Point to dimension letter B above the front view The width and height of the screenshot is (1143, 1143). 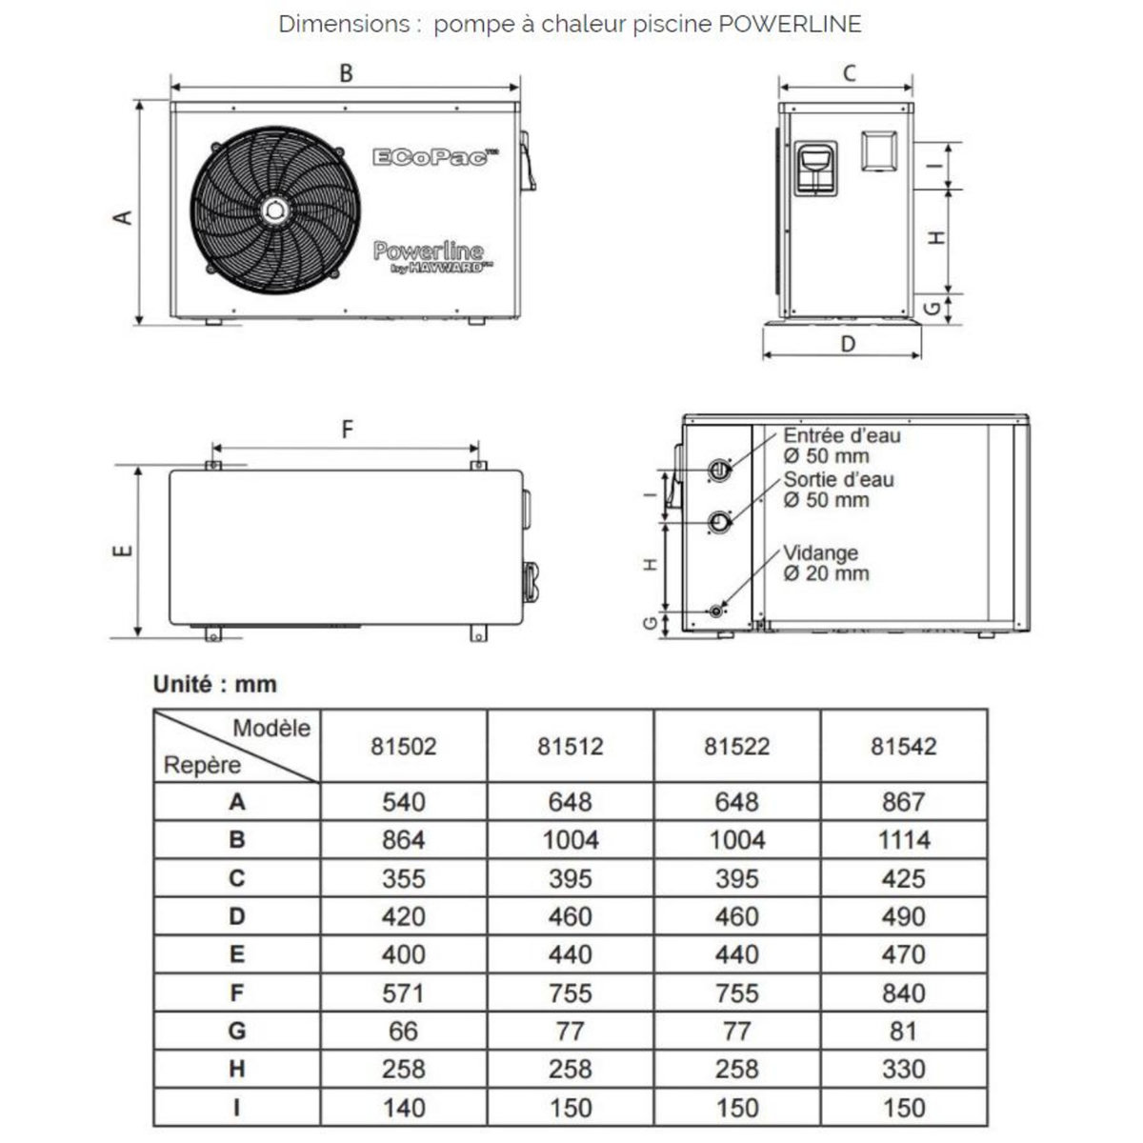point(347,73)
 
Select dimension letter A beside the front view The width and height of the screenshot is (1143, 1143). point(122,217)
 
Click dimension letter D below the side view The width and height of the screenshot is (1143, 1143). point(848,344)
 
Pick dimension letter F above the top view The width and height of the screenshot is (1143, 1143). point(348,431)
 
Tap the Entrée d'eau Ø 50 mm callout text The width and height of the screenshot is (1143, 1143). point(840,446)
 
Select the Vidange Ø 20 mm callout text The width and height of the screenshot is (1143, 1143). point(825,563)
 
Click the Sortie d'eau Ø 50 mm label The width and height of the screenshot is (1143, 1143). point(838,490)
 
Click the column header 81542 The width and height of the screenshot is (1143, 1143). point(903,746)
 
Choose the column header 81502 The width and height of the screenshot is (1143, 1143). point(403,746)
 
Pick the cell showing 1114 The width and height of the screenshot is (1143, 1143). point(903,840)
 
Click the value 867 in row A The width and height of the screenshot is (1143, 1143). point(903,802)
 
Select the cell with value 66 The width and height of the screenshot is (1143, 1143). point(403,1031)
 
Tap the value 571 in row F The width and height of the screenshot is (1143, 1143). point(403,993)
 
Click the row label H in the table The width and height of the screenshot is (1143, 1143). point(237,1069)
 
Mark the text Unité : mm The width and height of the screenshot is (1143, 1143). point(215,684)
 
